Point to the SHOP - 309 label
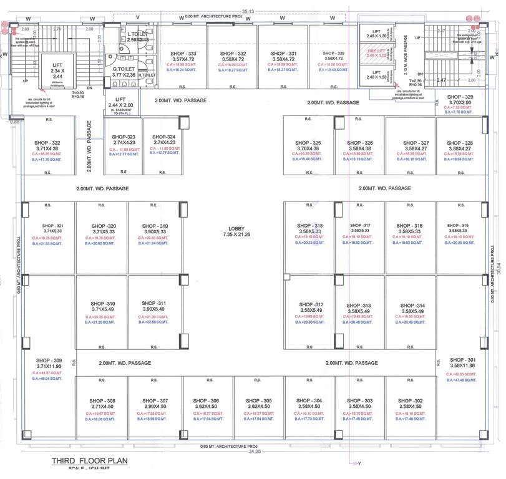pyautogui.click(x=49, y=360)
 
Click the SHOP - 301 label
pyautogui.click(x=462, y=360)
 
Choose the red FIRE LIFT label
pyautogui.click(x=376, y=52)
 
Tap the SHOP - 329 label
pyautogui.click(x=460, y=97)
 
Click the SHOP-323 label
pyautogui.click(x=123, y=137)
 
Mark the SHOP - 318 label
pyautogui.click(x=309, y=226)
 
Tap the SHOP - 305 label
pyautogui.click(x=258, y=401)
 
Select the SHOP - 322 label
pyautogui.click(x=47, y=143)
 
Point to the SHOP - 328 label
pyautogui.click(x=460, y=143)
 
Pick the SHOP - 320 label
pyautogui.click(x=103, y=226)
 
